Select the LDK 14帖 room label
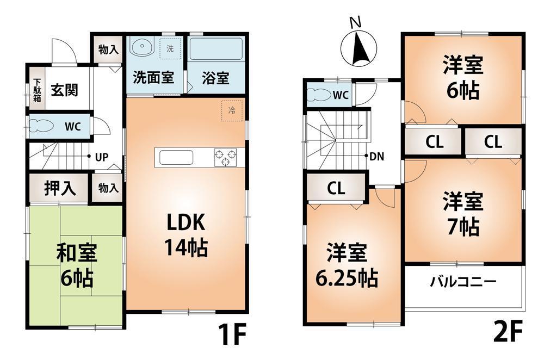185,234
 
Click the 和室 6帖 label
76,266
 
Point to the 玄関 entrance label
64,89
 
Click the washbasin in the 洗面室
142,48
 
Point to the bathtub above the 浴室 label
215,51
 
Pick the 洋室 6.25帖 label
347,266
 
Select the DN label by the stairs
376,157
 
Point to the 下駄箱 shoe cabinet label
36,90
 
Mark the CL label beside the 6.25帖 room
336,189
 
